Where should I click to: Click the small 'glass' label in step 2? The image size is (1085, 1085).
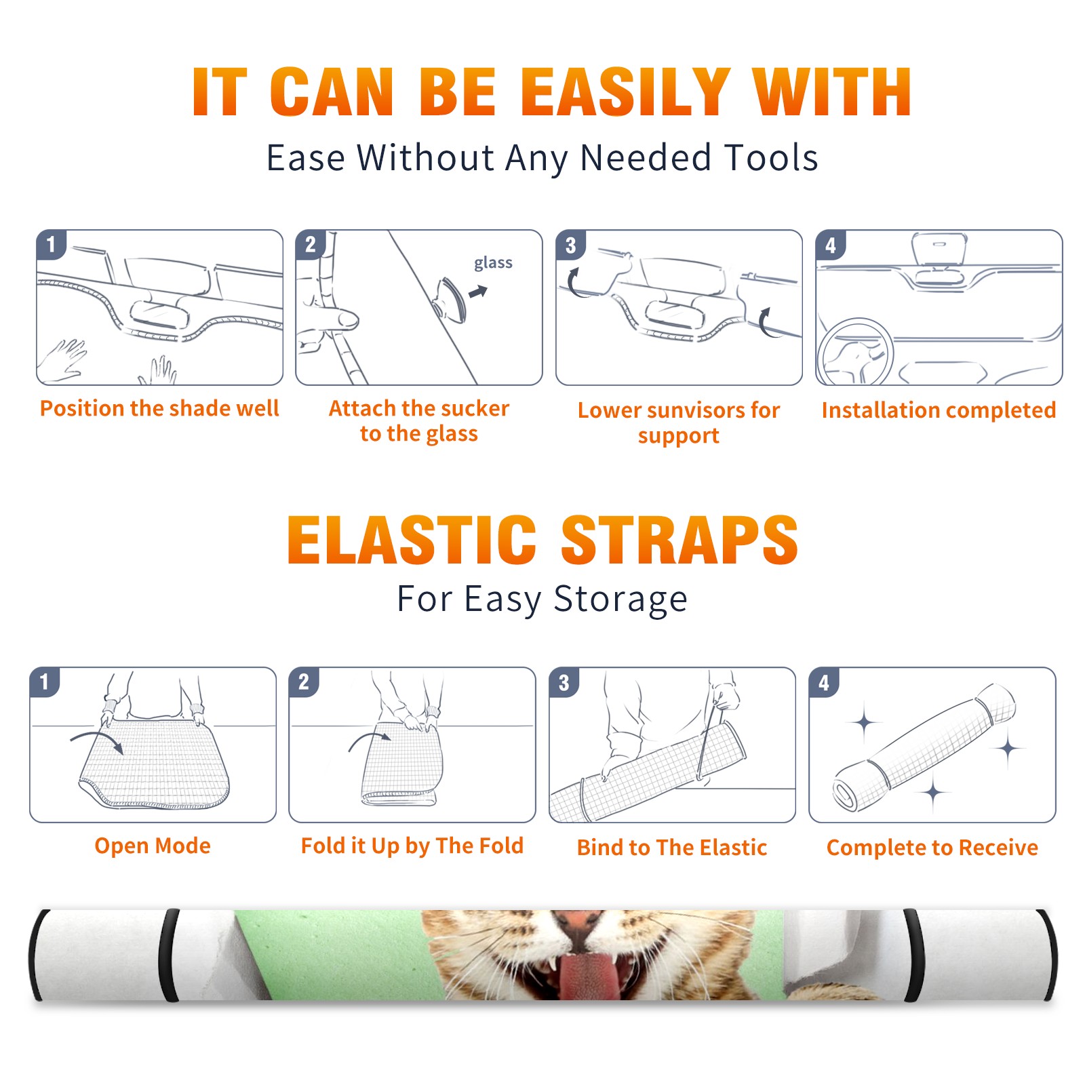coord(493,262)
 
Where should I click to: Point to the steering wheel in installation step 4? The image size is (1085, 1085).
coord(856,352)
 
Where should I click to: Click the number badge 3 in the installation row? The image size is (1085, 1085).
coord(570,245)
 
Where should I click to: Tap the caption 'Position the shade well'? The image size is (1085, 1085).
coord(159,408)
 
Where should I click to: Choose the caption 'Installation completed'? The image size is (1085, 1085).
coord(939,410)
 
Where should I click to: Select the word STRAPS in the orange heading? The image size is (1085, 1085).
coord(679,540)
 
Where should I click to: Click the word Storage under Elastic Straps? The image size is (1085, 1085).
coord(620,599)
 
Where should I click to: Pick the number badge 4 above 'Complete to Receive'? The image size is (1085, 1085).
coord(824,682)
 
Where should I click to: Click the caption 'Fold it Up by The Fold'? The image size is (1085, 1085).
coord(412,846)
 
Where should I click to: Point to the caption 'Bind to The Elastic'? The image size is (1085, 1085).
coord(672,848)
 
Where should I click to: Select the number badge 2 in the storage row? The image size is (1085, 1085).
coord(303,682)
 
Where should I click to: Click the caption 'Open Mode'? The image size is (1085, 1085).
coord(153,846)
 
